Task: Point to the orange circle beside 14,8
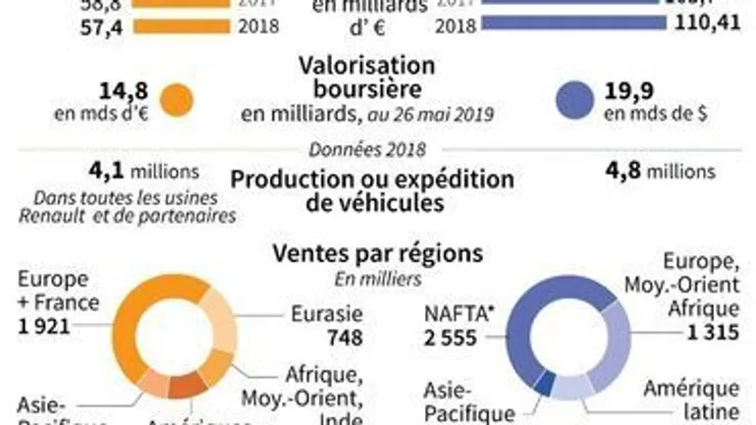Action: (179, 100)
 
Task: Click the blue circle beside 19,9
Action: (575, 100)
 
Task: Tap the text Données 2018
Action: (367, 150)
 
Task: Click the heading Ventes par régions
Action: (377, 253)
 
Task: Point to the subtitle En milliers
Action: (379, 280)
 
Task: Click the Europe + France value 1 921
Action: (35, 326)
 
